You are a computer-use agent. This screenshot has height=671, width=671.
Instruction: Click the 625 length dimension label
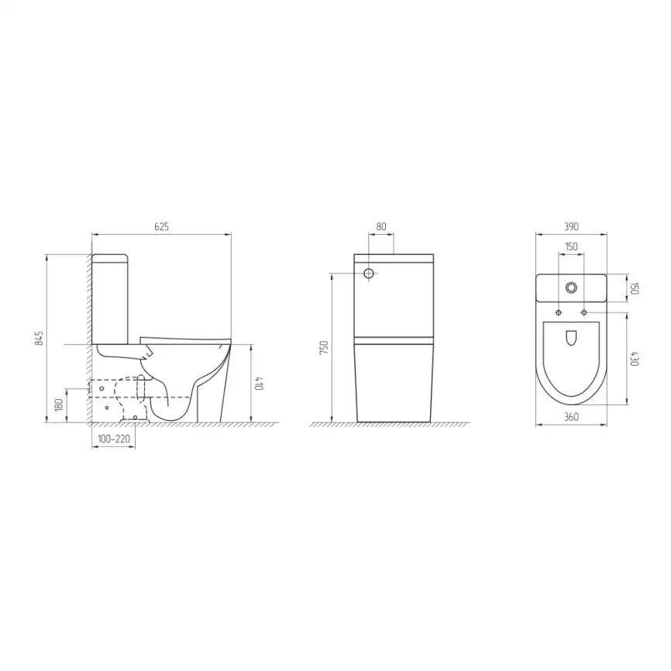coord(161,226)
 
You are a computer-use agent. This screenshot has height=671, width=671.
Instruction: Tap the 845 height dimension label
coord(40,338)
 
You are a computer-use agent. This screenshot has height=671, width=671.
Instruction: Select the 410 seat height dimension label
coord(260,383)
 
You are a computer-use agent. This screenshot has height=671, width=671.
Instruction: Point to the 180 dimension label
coord(59,404)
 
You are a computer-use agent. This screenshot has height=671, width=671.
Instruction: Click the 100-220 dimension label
coord(114,439)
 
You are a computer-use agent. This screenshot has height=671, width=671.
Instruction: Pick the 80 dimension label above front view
coord(381,226)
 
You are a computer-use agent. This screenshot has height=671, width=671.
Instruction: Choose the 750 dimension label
coord(324,347)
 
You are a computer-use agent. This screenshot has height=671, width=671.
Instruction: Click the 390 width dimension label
coord(571,226)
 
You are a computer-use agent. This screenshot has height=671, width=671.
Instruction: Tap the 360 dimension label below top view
coord(571,417)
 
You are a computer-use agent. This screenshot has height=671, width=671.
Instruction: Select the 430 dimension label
coord(635,359)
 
